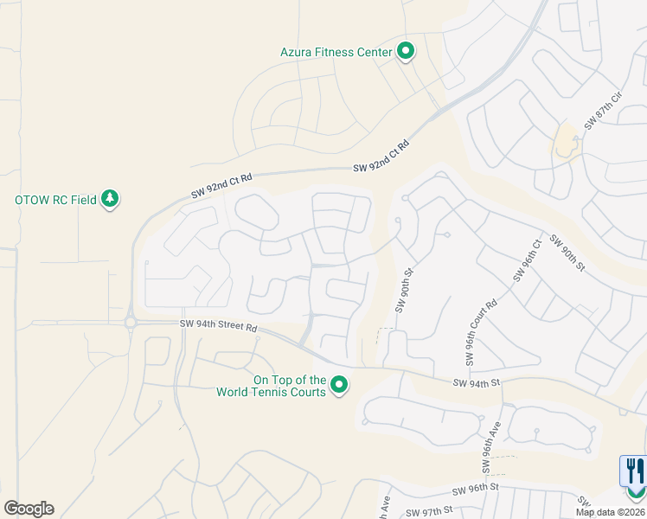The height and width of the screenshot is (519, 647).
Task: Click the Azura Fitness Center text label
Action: (x=336, y=52)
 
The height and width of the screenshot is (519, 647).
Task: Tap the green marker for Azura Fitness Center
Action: (x=406, y=52)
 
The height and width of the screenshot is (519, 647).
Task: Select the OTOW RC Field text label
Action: (x=55, y=200)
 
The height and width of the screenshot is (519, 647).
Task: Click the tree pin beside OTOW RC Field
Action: (x=110, y=199)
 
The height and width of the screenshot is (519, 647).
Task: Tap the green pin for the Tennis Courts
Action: (x=340, y=385)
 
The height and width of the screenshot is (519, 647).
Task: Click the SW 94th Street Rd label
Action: (x=219, y=326)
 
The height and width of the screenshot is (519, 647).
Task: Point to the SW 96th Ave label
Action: (x=490, y=447)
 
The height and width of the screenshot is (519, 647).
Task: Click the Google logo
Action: (x=29, y=509)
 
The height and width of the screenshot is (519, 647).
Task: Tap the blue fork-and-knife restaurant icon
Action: (x=633, y=471)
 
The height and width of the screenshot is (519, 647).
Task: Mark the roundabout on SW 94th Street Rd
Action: (x=131, y=324)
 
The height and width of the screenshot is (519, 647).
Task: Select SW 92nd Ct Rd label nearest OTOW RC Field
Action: (x=221, y=185)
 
